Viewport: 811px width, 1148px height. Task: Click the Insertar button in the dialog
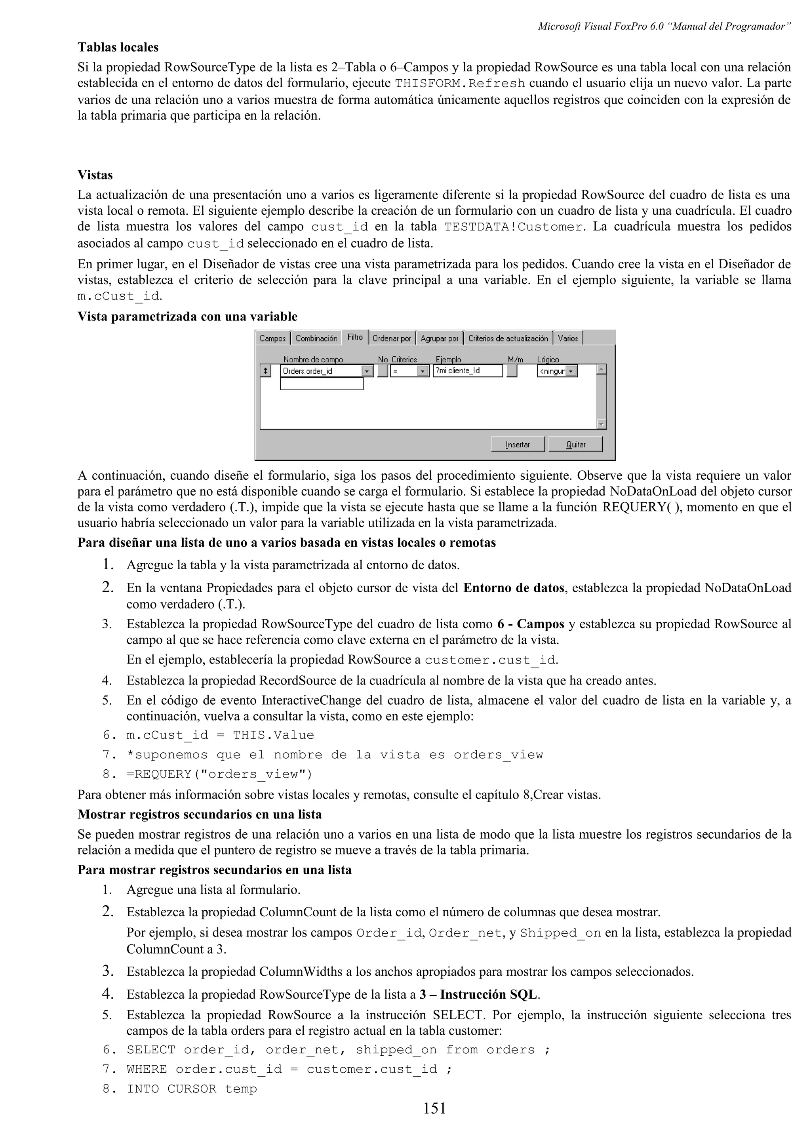[x=517, y=444]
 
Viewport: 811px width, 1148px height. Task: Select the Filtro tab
[x=355, y=337]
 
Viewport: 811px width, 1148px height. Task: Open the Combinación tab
[x=316, y=339]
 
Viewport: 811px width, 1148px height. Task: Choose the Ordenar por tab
[x=392, y=339]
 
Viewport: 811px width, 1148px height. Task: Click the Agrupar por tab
[x=439, y=339]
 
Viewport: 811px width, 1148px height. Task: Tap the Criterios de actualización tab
[x=508, y=339]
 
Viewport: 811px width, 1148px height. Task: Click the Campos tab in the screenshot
[x=273, y=339]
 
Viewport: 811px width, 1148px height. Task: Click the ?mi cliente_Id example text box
[x=467, y=370]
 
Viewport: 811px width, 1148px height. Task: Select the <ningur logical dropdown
[x=557, y=371]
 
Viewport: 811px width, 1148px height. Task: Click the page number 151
[x=434, y=1123]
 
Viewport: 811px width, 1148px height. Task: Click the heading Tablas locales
[x=118, y=48]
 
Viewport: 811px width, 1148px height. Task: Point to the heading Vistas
[x=95, y=175]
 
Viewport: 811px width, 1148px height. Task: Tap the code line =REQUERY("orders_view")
[x=219, y=774]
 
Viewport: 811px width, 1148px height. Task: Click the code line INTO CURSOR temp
[x=192, y=1089]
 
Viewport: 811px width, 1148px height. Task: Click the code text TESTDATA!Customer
[x=514, y=227]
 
